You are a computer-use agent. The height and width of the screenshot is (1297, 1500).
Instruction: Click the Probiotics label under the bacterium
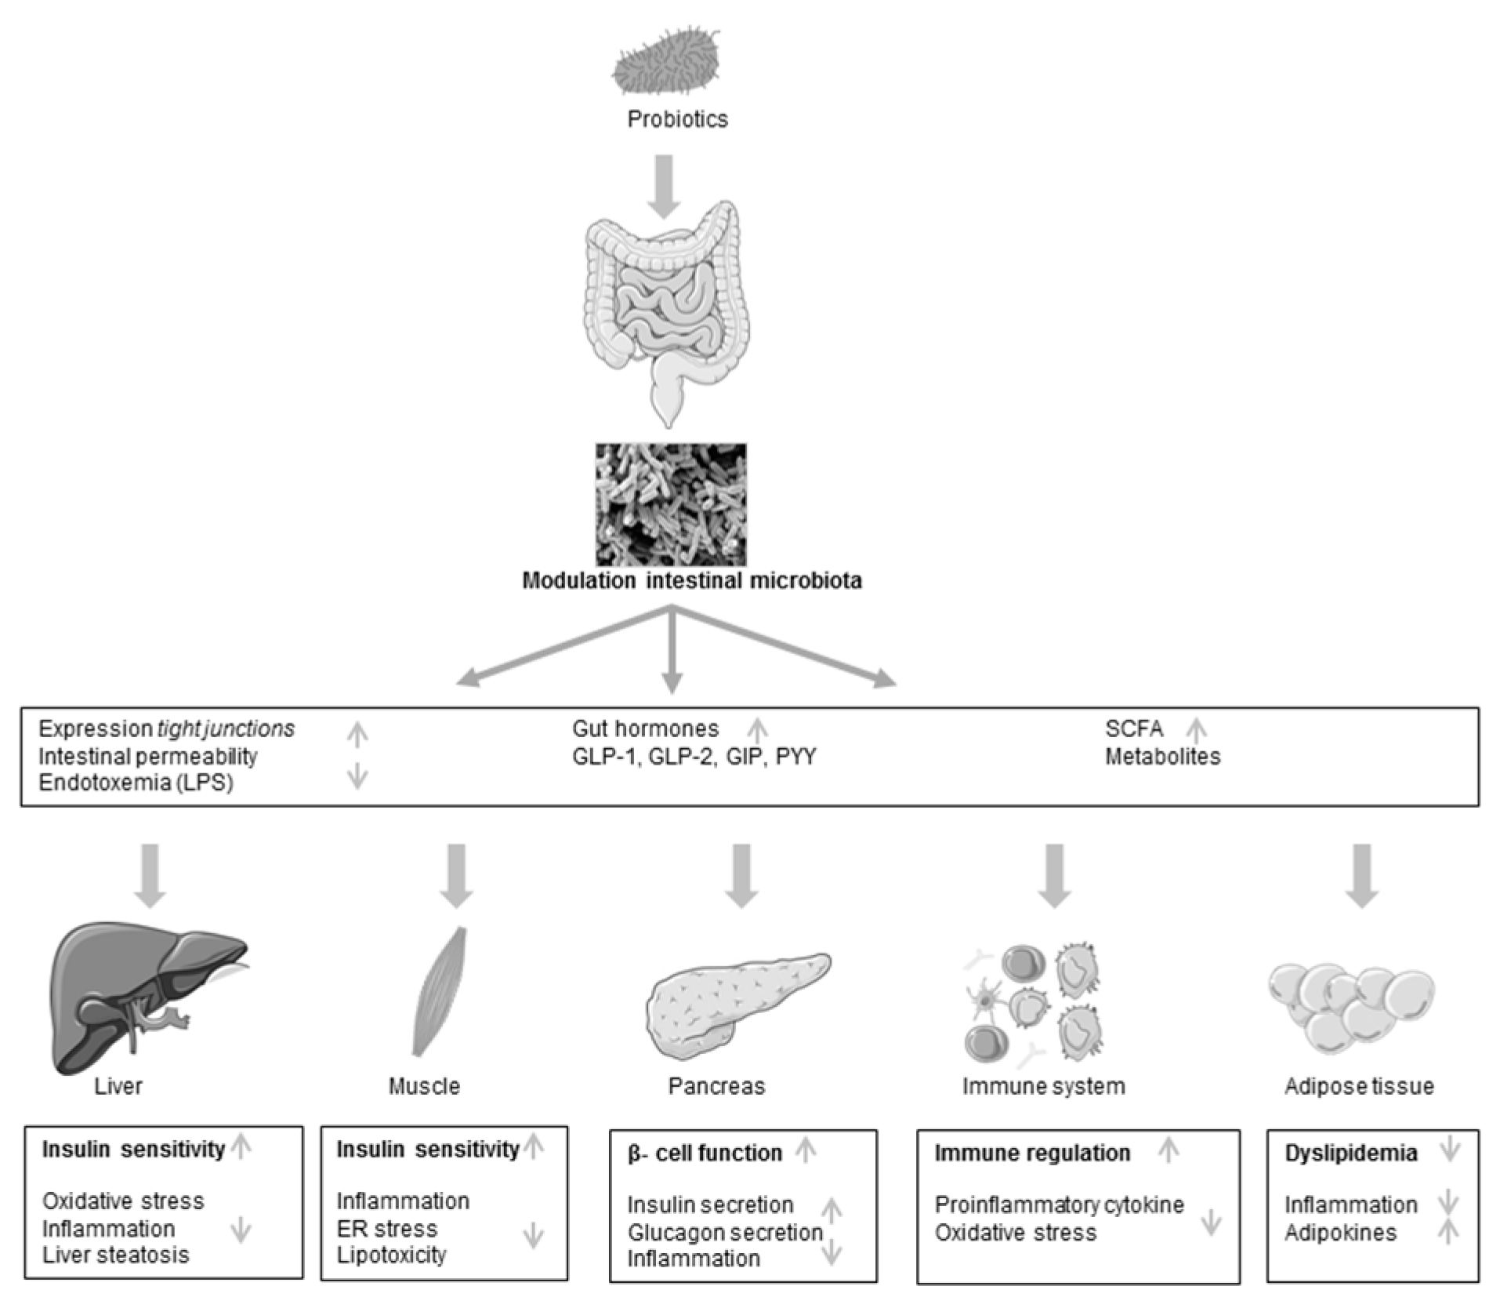pos(677,119)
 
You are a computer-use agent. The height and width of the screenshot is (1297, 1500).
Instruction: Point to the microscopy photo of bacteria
pos(671,504)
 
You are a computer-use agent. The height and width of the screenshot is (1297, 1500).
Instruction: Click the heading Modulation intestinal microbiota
pos(692,581)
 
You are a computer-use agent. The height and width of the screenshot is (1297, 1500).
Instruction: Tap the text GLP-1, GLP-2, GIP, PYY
pos(694,757)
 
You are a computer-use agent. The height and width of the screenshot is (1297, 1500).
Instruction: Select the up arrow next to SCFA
pos(1195,730)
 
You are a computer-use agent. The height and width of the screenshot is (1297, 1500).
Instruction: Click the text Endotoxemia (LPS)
pos(136,783)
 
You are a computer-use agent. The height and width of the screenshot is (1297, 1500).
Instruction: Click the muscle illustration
pos(440,992)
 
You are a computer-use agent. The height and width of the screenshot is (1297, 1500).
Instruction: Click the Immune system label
pos(1043,1086)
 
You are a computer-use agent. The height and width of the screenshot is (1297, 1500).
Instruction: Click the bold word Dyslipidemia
pos(1351,1153)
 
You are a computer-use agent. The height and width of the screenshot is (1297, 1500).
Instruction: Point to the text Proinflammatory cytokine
pos(1059,1204)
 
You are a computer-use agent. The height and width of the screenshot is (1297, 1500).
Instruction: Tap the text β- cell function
pos(705,1153)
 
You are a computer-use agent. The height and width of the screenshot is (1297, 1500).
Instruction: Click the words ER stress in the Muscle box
pos(386,1228)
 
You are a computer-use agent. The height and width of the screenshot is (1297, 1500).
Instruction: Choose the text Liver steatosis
pos(115,1255)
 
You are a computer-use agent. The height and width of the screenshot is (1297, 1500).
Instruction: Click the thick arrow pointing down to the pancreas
pos(741,874)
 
